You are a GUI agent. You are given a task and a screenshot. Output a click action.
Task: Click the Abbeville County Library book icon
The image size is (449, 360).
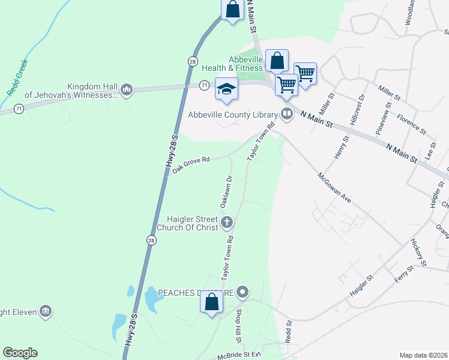(288, 115)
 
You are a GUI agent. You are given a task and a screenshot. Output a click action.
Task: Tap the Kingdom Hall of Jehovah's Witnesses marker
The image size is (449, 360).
(127, 90)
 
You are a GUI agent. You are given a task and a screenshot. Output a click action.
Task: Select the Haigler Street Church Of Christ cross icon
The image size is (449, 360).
(227, 223)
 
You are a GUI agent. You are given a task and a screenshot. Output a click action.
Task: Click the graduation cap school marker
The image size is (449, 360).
(226, 89)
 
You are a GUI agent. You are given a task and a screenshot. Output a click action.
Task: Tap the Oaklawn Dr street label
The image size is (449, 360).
(226, 191)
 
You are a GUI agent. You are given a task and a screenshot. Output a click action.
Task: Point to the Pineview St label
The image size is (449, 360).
(382, 120)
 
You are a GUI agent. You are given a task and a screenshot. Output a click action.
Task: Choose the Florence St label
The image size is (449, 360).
(411, 123)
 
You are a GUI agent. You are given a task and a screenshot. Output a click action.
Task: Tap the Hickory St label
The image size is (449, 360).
(418, 252)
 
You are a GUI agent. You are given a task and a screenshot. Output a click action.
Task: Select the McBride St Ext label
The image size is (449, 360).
(240, 355)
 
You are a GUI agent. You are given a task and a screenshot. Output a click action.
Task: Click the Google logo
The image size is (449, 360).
(20, 353)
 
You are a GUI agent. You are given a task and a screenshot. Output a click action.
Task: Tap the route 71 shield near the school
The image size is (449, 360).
(205, 86)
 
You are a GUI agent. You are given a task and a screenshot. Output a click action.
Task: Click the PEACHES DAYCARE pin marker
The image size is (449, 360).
(243, 293)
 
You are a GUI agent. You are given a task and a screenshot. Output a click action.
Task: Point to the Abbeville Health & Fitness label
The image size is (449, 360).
(245, 64)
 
